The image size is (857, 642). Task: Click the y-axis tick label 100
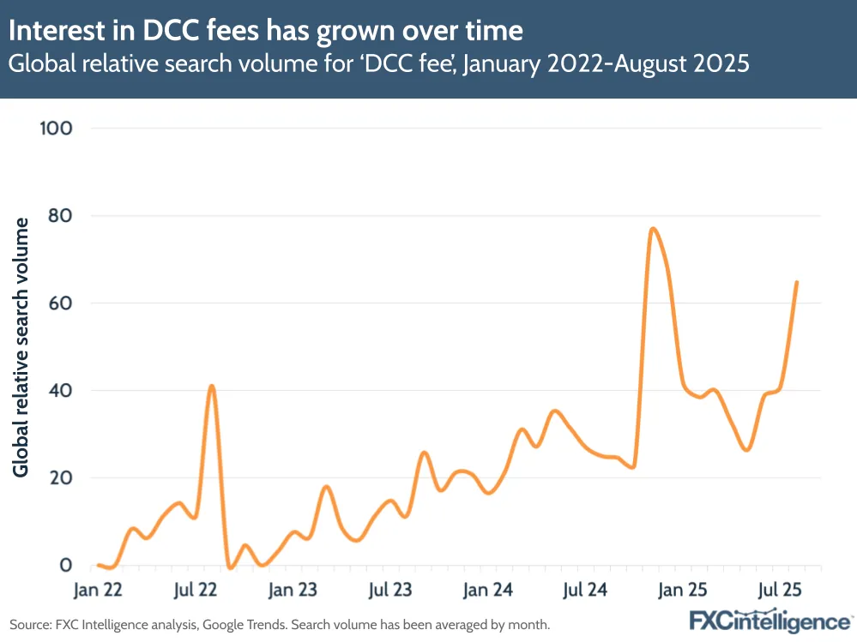tap(55, 129)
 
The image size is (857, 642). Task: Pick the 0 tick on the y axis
tap(65, 566)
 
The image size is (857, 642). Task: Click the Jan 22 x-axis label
tap(98, 591)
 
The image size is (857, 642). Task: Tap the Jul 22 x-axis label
tap(196, 591)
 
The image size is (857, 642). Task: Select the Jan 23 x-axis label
tap(293, 591)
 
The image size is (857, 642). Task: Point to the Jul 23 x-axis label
tap(390, 591)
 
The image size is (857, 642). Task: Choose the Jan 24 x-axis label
tap(488, 591)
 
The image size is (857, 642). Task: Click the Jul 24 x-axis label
tap(587, 591)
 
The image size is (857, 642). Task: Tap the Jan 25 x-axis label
tap(685, 591)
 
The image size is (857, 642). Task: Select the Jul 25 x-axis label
tap(782, 591)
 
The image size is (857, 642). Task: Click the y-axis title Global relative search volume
tap(21, 347)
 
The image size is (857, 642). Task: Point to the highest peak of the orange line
tap(653, 229)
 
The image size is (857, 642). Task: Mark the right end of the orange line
tap(797, 282)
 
